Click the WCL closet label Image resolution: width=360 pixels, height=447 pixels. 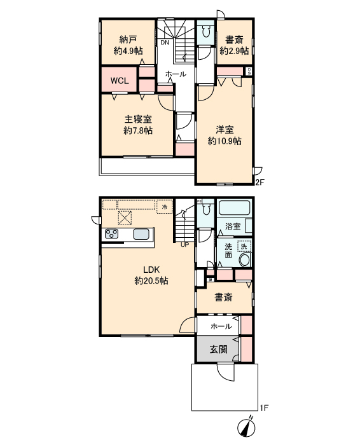pyautogui.click(x=120, y=81)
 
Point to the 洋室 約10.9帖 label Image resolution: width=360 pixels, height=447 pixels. pyautogui.click(x=225, y=135)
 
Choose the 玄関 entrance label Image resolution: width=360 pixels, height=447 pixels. pyautogui.click(x=219, y=349)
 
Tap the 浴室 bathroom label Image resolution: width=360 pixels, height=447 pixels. pyautogui.click(x=233, y=226)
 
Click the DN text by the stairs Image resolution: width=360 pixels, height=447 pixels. pyautogui.click(x=165, y=43)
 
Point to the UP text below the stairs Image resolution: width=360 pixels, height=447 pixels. pyautogui.click(x=185, y=245)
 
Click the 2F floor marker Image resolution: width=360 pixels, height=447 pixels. pyautogui.click(x=260, y=182)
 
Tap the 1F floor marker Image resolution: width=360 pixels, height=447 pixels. pyautogui.click(x=264, y=408)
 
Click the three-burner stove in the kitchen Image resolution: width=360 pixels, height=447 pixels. pyautogui.click(x=112, y=234)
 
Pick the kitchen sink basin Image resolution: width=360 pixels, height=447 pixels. pyautogui.click(x=141, y=235)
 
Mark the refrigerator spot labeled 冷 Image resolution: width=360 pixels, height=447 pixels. pyautogui.click(x=165, y=207)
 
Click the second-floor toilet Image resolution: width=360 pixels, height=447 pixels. pyautogui.click(x=205, y=31)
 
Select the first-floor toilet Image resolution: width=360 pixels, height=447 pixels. pyautogui.click(x=205, y=210)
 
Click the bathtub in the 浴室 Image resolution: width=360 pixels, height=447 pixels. pyautogui.click(x=234, y=208)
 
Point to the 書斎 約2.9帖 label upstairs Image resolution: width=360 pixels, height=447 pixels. pyautogui.click(x=234, y=45)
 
